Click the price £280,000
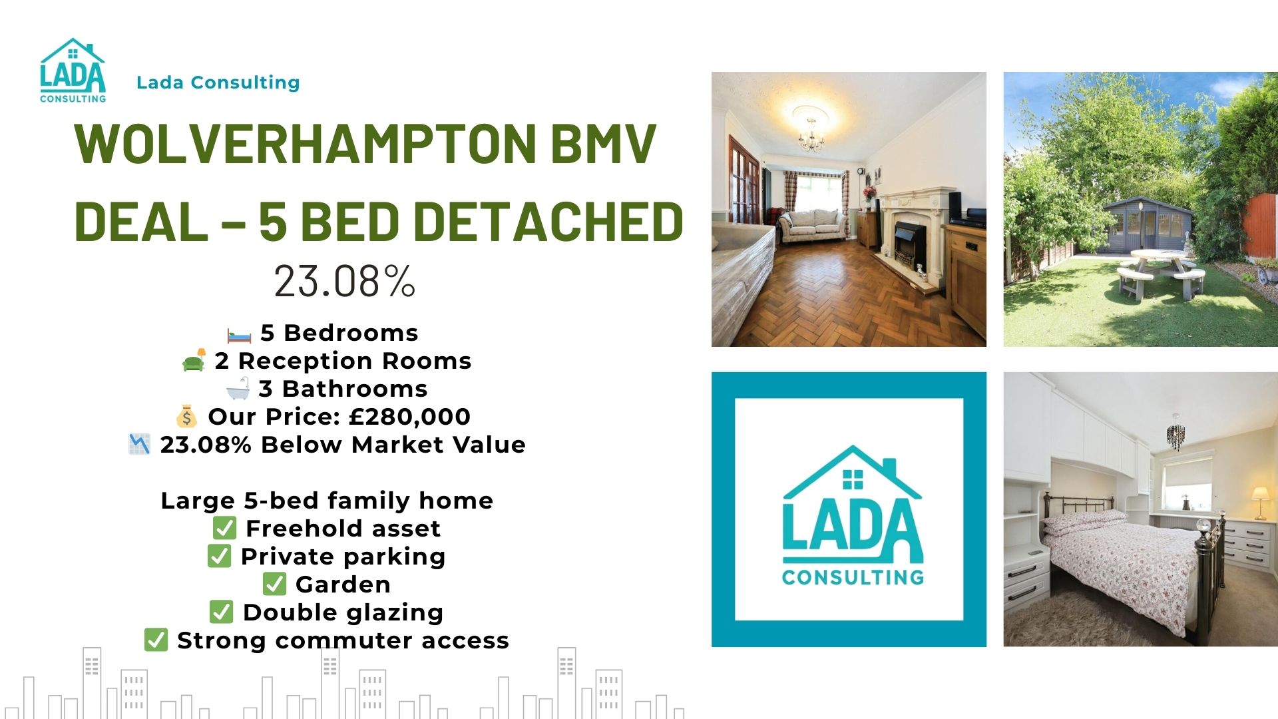point(409,417)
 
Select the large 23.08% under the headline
point(345,281)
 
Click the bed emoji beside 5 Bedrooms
point(240,334)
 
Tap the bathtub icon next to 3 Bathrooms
point(238,388)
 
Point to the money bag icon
point(186,417)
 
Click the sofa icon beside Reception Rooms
point(194,360)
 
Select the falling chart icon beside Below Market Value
point(139,444)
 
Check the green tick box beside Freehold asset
point(224,528)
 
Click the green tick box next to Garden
point(274,584)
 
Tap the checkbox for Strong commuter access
point(156,640)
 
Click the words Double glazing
point(343,612)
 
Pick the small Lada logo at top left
point(73,71)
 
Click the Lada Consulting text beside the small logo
point(218,83)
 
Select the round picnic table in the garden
point(1162,270)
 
